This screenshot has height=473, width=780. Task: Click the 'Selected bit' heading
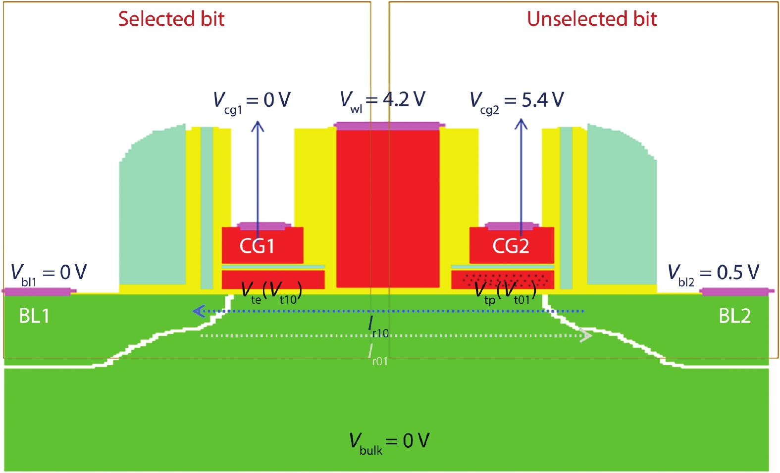tap(171, 19)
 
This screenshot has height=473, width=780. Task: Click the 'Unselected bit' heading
tap(591, 19)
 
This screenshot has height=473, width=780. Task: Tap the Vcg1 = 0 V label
tap(252, 101)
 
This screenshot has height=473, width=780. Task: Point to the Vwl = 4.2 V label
tap(382, 100)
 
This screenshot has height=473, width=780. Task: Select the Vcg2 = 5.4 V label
tap(517, 101)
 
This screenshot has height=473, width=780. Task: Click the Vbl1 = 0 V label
tap(49, 273)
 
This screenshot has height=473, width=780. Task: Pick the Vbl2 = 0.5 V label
tap(713, 273)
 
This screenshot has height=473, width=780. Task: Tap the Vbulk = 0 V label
tap(389, 442)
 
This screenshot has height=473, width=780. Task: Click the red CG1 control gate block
tap(262, 246)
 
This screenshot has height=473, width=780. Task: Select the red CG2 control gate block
tap(511, 246)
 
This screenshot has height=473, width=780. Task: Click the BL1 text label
tap(34, 316)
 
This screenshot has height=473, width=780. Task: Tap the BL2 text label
tap(734, 316)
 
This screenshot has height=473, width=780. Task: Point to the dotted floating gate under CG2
tap(502, 280)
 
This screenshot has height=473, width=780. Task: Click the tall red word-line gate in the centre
tap(388, 208)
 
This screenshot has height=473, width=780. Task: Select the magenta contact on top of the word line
tap(387, 126)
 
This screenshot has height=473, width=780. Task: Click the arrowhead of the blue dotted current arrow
tap(198, 311)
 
